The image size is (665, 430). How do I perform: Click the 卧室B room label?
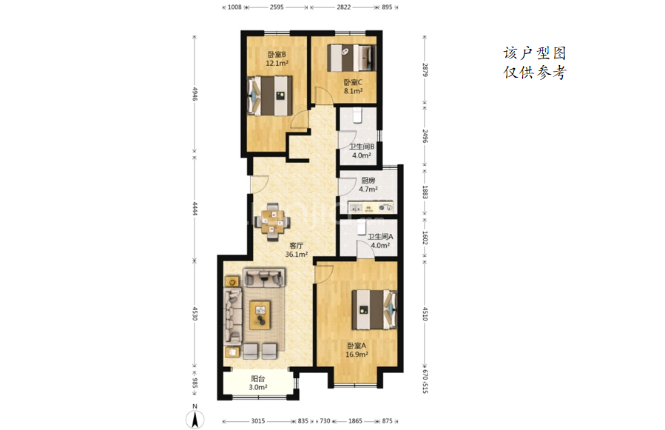tap(277, 54)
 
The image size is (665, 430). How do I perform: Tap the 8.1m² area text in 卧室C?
tap(353, 91)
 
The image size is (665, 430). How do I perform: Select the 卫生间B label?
tap(361, 147)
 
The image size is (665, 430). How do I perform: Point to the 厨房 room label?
tap(368, 181)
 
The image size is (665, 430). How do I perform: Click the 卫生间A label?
tap(380, 236)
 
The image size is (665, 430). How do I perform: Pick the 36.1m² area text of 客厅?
tap(296, 255)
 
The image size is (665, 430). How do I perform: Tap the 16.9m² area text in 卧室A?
tap(357, 355)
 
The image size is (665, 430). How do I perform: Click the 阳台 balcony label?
tap(258, 379)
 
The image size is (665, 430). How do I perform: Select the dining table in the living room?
tap(273, 222)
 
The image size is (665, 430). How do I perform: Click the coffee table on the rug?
tap(260, 315)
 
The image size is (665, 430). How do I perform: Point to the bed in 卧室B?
tap(270, 95)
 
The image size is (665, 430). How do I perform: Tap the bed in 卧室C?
tap(351, 58)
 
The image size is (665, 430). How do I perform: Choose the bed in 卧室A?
tap(374, 310)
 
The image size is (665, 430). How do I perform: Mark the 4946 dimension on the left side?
tap(195, 94)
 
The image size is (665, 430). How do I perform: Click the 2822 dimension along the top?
tap(343, 7)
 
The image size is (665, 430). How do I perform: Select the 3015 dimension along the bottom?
tap(258, 421)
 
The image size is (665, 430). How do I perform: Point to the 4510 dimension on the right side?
tap(425, 313)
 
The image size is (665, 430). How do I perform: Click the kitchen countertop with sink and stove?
tap(371, 207)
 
